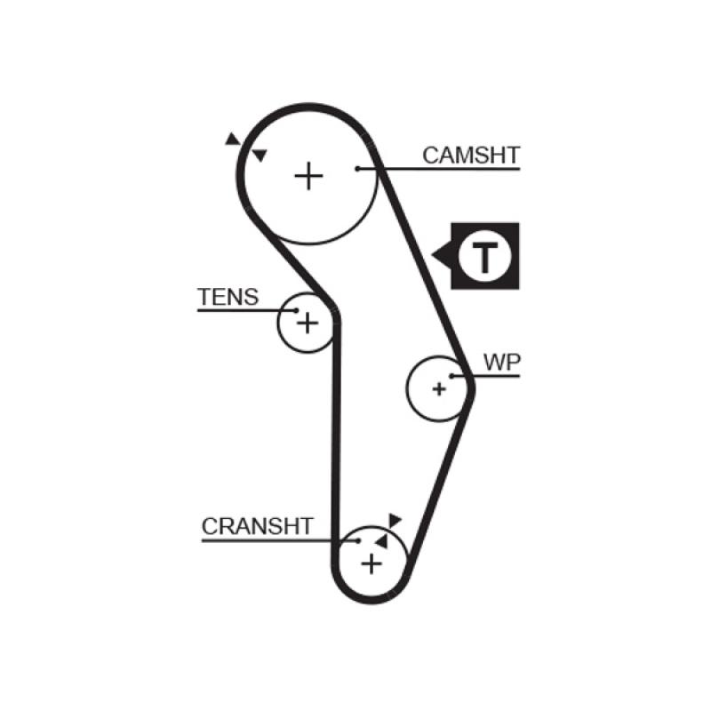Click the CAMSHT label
470,156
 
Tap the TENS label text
228,297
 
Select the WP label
502,362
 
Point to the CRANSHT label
257,526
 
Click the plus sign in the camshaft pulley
308,176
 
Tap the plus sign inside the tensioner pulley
306,322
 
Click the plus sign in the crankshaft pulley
371,563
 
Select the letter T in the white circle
484,257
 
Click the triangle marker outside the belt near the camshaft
232,139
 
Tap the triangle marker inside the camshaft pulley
260,156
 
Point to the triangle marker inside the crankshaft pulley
381,539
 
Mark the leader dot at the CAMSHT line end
357,168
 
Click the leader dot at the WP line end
452,376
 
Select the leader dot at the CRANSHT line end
357,539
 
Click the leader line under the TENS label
240,310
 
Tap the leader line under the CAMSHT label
444,168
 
